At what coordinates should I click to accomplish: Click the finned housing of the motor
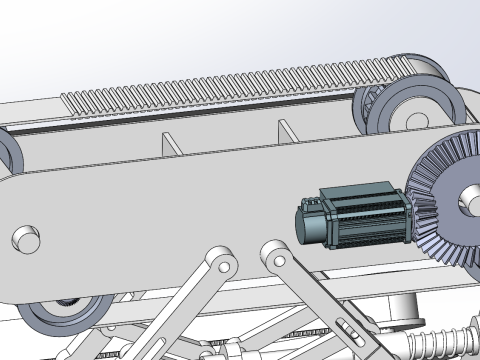(365, 217)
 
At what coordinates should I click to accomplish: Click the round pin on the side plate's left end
(23, 240)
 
